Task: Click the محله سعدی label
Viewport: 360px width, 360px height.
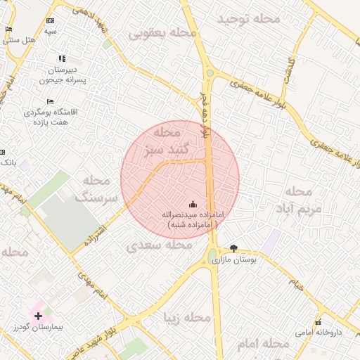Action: [159, 245]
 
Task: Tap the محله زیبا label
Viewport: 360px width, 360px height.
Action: [186, 318]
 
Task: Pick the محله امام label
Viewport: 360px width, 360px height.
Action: [264, 343]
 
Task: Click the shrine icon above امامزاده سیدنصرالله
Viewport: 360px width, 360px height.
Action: [193, 204]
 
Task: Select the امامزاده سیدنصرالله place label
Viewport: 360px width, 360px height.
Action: [192, 219]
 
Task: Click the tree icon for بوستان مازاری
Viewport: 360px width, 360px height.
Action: [233, 248]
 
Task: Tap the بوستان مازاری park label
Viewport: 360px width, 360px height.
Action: [234, 260]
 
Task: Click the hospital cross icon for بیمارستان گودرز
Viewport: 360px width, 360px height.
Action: [38, 316]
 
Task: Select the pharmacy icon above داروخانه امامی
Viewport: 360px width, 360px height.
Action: [319, 321]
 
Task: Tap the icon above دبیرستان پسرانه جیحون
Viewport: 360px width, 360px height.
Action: [62, 59]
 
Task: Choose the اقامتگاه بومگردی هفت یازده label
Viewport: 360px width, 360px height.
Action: [51, 117]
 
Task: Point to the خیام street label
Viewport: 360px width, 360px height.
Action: [297, 285]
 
